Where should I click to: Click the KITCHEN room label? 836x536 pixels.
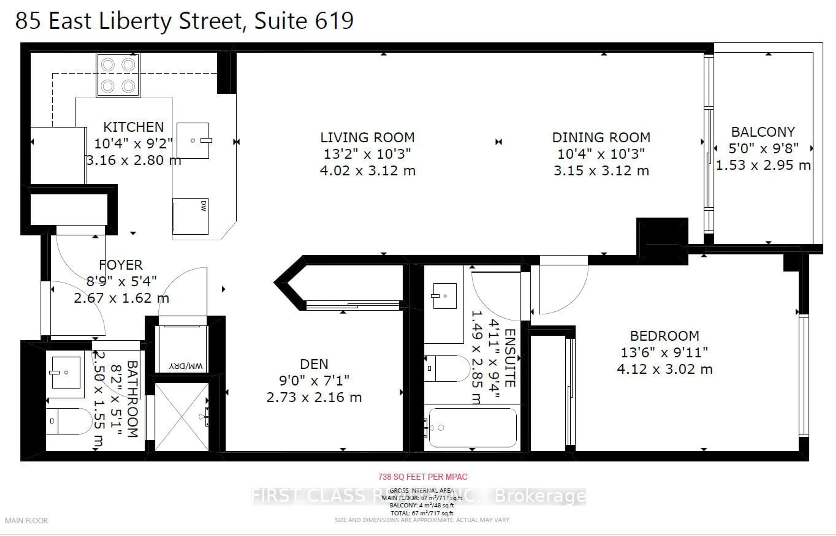tap(133, 127)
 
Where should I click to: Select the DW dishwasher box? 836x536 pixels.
tap(190, 216)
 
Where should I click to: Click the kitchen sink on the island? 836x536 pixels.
tap(193, 141)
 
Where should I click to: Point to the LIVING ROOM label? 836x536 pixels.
tap(367, 138)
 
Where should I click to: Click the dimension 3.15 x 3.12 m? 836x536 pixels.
tap(601, 171)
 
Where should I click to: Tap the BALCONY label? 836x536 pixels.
tap(763, 132)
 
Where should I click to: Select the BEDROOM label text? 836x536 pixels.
tap(664, 336)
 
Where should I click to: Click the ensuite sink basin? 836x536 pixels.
tap(445, 296)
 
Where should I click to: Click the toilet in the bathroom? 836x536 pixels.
tap(71, 421)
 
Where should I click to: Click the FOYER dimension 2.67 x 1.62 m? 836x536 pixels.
tap(121, 298)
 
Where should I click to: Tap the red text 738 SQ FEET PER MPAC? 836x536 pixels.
tap(423, 477)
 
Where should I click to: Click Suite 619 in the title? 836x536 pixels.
tap(304, 21)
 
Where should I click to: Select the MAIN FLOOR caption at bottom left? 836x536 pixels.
tap(27, 521)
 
